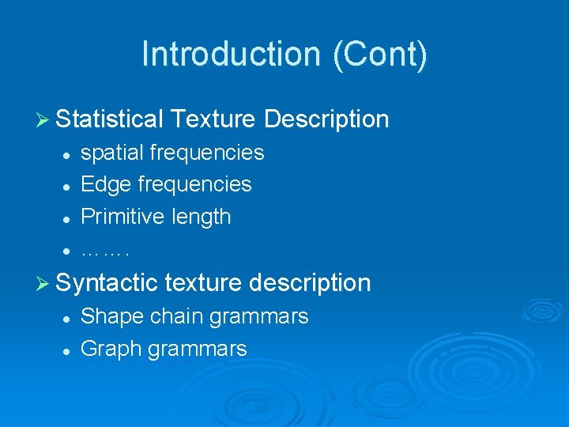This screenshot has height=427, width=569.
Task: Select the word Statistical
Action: click(x=110, y=119)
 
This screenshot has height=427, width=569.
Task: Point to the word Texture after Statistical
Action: click(x=213, y=119)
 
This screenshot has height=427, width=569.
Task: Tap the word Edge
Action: click(x=107, y=184)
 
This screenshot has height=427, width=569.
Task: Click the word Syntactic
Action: click(x=108, y=282)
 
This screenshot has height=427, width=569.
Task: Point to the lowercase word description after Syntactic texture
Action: click(x=310, y=282)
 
